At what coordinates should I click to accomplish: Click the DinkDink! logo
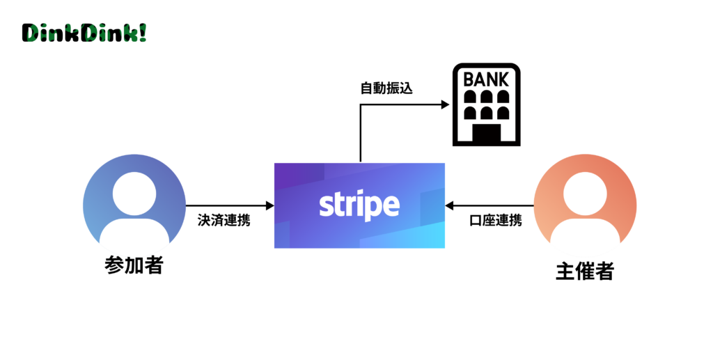click(84, 33)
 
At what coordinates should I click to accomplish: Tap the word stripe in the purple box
click(359, 205)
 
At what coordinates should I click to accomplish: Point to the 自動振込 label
click(386, 89)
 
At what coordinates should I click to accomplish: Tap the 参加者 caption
click(133, 265)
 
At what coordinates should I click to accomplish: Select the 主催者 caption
click(584, 271)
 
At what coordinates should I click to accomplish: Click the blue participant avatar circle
click(134, 205)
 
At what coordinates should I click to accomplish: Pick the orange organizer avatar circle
click(585, 206)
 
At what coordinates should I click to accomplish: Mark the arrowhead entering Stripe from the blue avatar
click(269, 205)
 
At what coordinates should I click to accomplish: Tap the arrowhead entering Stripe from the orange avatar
click(450, 205)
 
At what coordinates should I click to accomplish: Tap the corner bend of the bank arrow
click(361, 105)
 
